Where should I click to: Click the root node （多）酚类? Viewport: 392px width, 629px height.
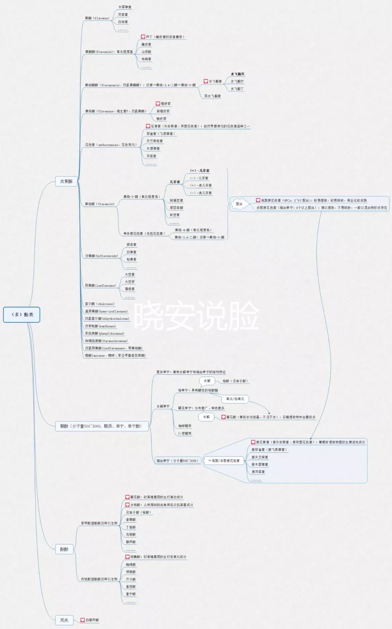tap(22, 314)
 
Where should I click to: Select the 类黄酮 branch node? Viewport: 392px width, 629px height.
tap(66, 181)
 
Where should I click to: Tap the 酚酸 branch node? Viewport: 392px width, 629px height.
tap(64, 549)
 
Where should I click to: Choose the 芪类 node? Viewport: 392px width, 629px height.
tap(64, 620)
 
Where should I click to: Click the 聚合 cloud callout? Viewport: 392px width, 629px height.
tap(239, 204)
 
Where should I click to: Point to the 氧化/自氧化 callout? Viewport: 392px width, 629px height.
tap(235, 399)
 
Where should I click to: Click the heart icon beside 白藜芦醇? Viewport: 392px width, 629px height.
tap(82, 620)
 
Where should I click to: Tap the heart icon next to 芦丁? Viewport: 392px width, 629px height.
tap(143, 37)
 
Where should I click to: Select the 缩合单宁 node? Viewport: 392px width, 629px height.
tap(177, 461)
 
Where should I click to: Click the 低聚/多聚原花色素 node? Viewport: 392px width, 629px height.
tap(224, 461)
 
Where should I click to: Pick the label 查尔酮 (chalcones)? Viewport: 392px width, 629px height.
tap(99, 304)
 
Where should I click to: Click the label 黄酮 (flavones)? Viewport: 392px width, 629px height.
tap(97, 18)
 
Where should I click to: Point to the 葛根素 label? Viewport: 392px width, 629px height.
tap(130, 289)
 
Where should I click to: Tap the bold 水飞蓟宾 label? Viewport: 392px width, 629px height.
tap(237, 74)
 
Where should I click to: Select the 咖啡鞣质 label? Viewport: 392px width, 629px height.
tap(185, 426)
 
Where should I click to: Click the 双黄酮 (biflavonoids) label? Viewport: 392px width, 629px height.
tap(101, 256)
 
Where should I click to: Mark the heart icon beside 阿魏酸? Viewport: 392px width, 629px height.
tap(127, 557)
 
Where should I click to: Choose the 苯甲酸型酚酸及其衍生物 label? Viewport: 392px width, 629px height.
tap(99, 523)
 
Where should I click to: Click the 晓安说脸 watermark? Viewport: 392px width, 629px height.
tap(196, 316)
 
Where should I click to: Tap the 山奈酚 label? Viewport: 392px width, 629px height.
tap(146, 52)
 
